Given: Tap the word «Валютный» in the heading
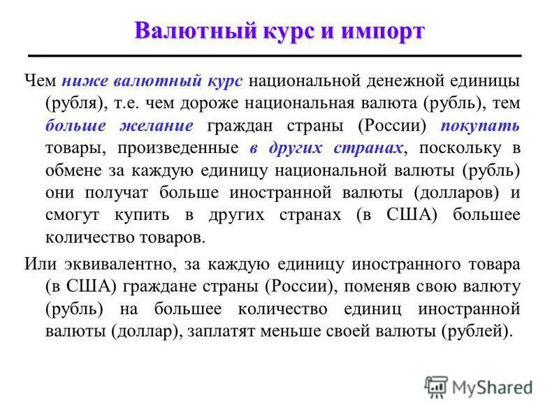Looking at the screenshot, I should tap(180, 32).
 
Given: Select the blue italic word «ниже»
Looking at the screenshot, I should tap(82, 81).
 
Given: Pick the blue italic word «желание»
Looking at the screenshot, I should tap(159, 126).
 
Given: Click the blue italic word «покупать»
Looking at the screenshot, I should tap(481, 126).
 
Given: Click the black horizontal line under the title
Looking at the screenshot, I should tap(274, 55).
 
